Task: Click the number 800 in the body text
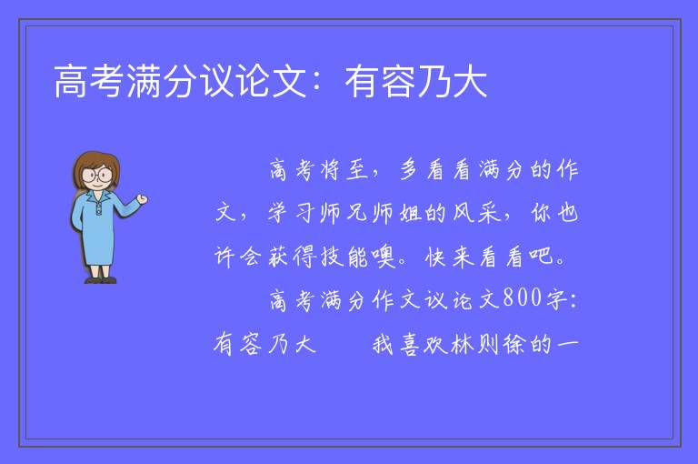click(x=523, y=298)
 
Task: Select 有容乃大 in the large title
click(x=415, y=81)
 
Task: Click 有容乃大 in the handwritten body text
click(x=264, y=344)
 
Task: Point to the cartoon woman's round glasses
click(x=97, y=175)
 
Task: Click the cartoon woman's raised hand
click(x=142, y=199)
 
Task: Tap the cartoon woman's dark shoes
click(x=101, y=280)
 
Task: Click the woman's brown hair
click(x=96, y=165)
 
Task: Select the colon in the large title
click(x=317, y=83)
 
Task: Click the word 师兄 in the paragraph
click(x=344, y=213)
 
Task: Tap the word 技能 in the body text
click(x=344, y=257)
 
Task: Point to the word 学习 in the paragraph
click(x=291, y=213)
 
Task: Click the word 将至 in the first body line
click(x=344, y=170)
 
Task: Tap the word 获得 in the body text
click(x=292, y=257)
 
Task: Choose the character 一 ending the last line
click(x=567, y=344)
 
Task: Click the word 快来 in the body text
click(x=449, y=257)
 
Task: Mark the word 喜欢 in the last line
click(x=423, y=344)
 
